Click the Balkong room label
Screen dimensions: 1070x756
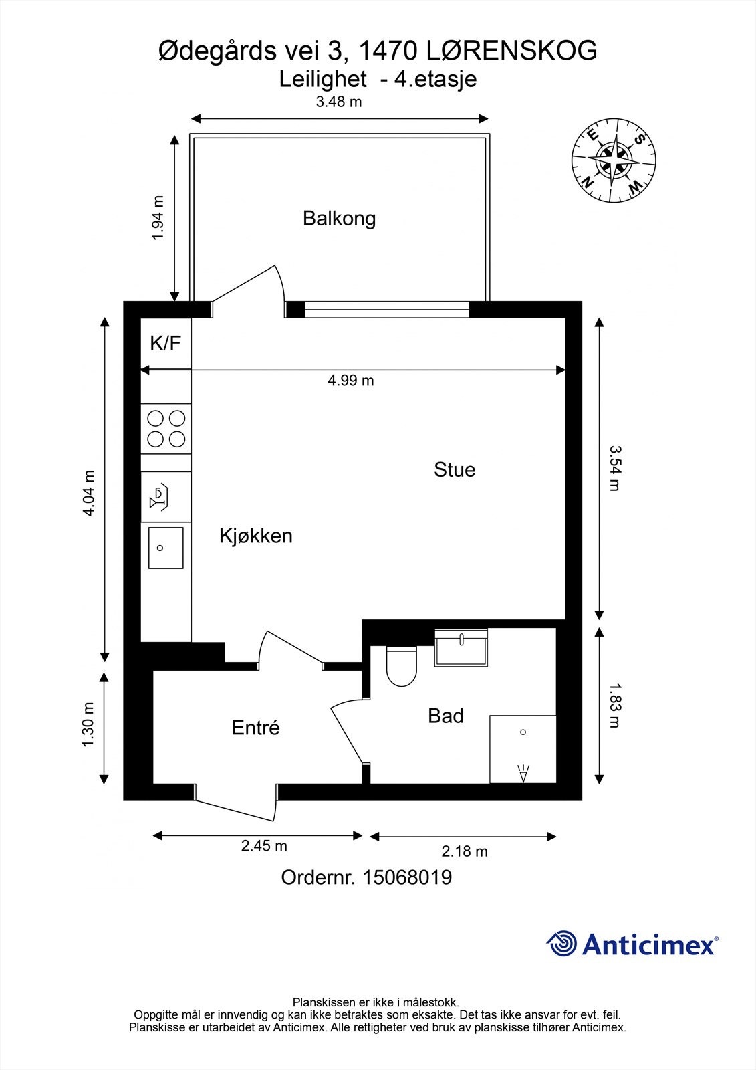click(339, 219)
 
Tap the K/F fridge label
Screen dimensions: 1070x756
click(165, 344)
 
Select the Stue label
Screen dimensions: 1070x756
click(455, 469)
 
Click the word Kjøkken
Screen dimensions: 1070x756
click(256, 536)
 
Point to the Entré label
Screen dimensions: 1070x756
click(255, 728)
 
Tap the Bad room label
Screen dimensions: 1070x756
click(445, 716)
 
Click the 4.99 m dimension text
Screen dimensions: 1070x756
click(350, 381)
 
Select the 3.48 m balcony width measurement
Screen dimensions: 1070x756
click(339, 102)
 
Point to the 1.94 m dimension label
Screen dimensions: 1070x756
click(158, 218)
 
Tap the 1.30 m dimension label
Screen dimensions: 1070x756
click(88, 726)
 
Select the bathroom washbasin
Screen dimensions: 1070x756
click(461, 648)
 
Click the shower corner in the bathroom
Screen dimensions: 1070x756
click(523, 749)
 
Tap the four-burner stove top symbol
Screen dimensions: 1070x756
click(166, 429)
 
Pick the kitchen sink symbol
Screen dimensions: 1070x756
click(165, 548)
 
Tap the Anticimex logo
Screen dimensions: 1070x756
click(632, 944)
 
